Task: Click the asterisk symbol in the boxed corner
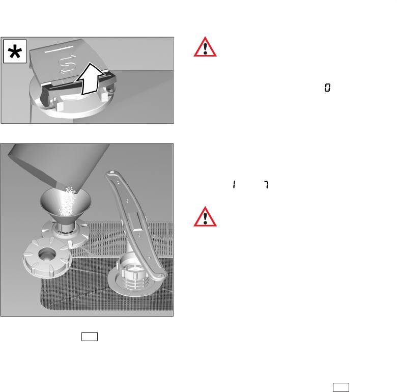[15, 51]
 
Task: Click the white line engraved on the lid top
[59, 49]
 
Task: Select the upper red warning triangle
[205, 47]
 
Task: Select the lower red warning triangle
[205, 217]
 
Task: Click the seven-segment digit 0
[327, 88]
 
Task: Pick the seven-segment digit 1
[234, 184]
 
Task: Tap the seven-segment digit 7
[266, 184]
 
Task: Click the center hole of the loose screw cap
[47, 255]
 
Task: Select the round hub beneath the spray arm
[135, 278]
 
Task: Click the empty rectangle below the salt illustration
[90, 337]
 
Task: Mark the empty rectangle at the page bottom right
[341, 387]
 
